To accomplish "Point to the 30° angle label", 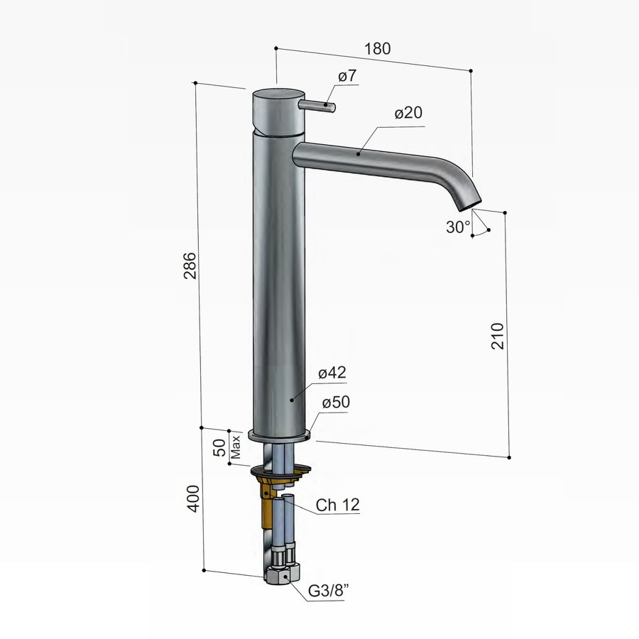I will pos(458,227).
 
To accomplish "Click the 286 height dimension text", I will pos(190,266).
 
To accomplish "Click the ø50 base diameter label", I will pos(336,402).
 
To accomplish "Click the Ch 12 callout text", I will pos(338,506).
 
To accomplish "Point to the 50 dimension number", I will pos(220,447).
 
